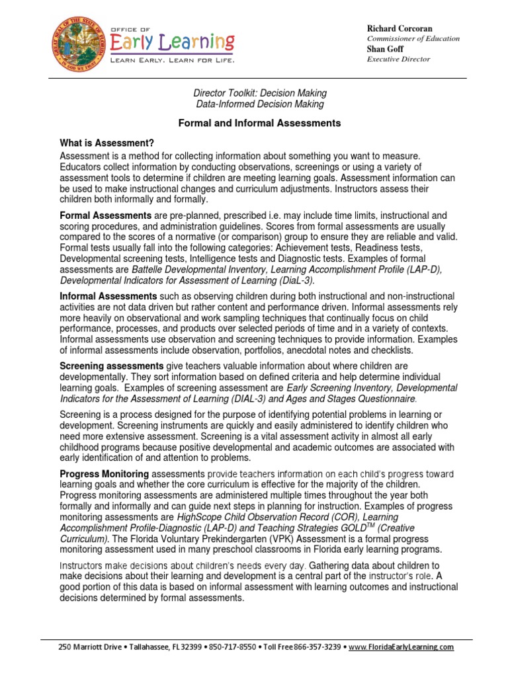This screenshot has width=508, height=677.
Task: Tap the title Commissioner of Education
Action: [413, 38]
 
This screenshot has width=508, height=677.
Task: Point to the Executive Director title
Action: [398, 60]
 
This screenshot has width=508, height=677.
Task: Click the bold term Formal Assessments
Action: [105, 216]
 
